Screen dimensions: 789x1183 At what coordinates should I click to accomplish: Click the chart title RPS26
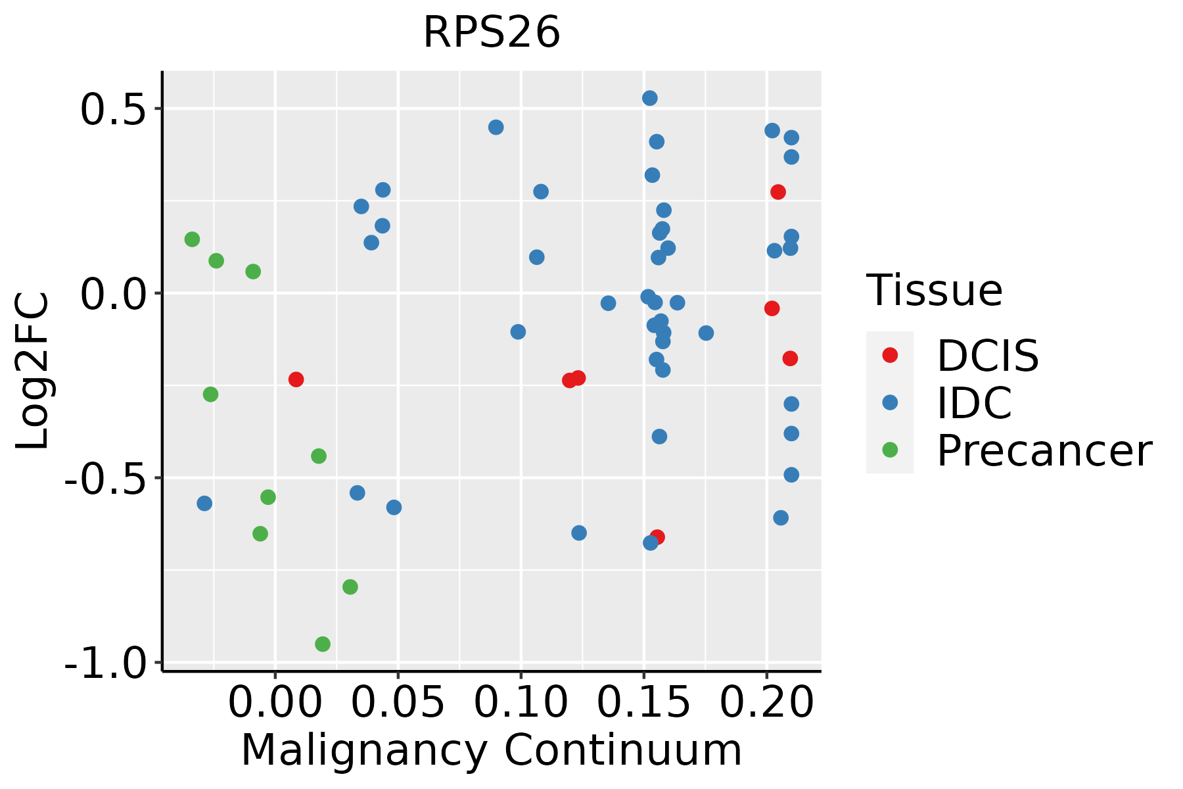pos(492,33)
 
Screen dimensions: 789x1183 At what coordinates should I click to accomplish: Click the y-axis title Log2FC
pos(33,371)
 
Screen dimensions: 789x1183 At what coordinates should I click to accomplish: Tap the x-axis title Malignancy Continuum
pos(492,751)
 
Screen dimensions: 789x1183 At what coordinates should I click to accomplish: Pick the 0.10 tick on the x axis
pos(521,704)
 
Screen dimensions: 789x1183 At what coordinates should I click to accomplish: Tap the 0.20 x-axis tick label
pos(766,704)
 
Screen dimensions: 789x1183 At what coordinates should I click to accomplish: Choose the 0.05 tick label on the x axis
pos(398,704)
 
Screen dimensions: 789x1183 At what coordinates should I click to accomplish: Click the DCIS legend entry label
pos(987,356)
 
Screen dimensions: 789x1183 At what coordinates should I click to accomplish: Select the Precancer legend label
pos(1044,451)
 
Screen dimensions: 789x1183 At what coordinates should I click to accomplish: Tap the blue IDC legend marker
pos(890,402)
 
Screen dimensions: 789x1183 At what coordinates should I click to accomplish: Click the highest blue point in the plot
pos(650,98)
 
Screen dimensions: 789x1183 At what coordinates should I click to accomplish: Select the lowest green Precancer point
pos(323,644)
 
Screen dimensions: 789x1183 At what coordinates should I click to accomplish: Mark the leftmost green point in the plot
pos(192,239)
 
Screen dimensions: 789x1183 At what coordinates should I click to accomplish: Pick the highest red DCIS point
pos(778,192)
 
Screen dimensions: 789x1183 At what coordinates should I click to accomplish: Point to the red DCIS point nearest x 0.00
pos(296,379)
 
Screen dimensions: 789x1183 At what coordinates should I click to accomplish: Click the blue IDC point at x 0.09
pos(496,127)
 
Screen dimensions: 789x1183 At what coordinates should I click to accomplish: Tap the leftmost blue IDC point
pos(204,504)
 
